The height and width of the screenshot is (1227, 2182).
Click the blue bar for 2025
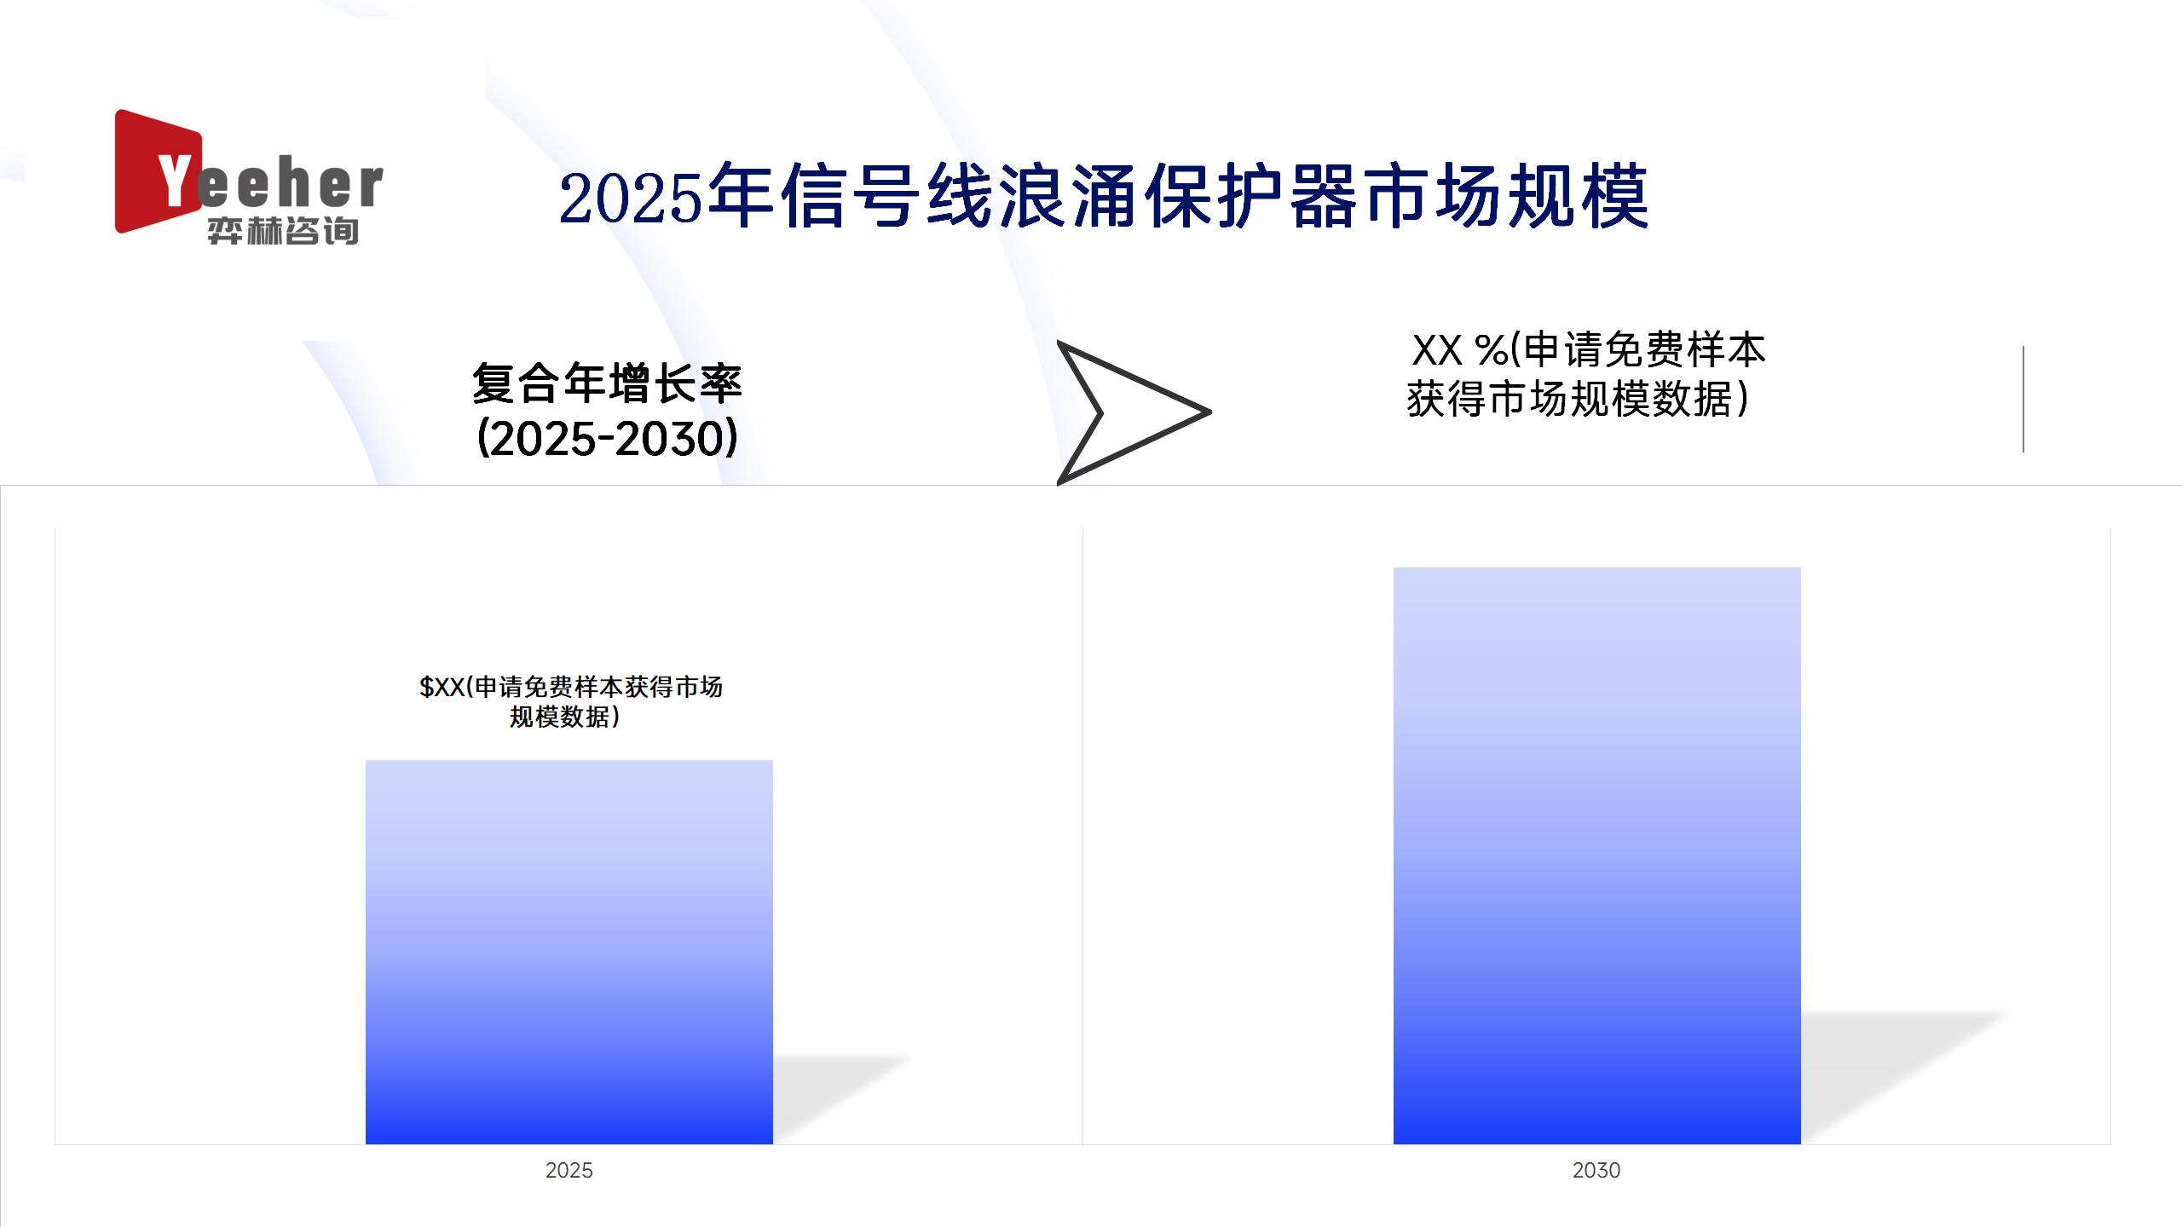(x=569, y=952)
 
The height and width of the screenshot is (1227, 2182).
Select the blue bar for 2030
(x=1597, y=855)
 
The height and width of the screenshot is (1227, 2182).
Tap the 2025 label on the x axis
(x=569, y=1170)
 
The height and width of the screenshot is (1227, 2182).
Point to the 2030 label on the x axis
(x=1596, y=1170)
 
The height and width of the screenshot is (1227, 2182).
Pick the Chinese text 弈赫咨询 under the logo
(x=283, y=231)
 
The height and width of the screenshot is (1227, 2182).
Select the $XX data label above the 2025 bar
(x=570, y=701)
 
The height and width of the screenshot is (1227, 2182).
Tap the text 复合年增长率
(x=607, y=383)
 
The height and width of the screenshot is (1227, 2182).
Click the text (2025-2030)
(x=607, y=439)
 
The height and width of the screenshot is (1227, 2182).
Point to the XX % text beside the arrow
(x=1460, y=349)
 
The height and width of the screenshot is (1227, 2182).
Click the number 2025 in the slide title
(x=631, y=198)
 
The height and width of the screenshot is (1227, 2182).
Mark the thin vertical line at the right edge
(x=2023, y=399)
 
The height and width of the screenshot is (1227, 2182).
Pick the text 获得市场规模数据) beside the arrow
(x=1578, y=399)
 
